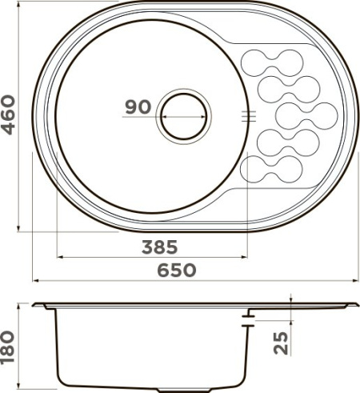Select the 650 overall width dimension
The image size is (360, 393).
pyautogui.click(x=177, y=270)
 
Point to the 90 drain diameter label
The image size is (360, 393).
pyautogui.click(x=138, y=107)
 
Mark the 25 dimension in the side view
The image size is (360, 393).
pyautogui.click(x=281, y=342)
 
